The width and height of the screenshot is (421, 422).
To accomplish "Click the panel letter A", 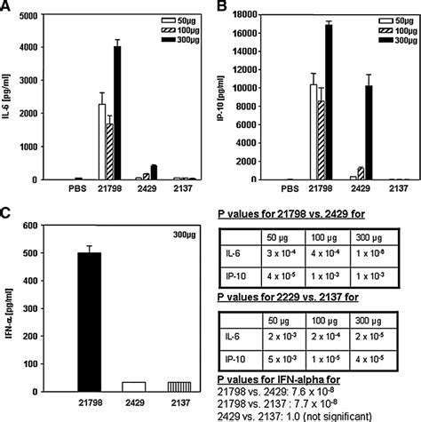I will pyautogui.click(x=6, y=8).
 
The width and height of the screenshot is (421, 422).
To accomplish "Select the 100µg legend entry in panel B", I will pyautogui.click(x=391, y=29).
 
